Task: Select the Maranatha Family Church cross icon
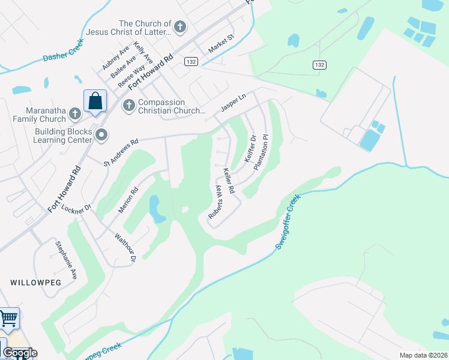click(74, 113)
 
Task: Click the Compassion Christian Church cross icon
click(128, 106)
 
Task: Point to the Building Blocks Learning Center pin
click(101, 134)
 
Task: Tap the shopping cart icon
click(8, 319)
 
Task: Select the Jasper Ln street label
click(234, 103)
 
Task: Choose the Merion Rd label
click(128, 200)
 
